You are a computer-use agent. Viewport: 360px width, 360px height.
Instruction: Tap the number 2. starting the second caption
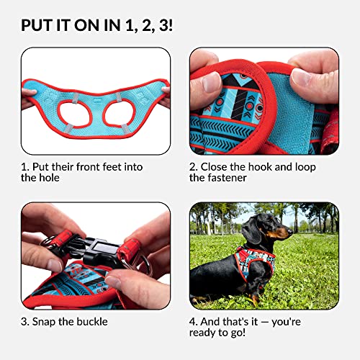193,167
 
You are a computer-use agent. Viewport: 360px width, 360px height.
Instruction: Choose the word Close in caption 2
216,167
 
